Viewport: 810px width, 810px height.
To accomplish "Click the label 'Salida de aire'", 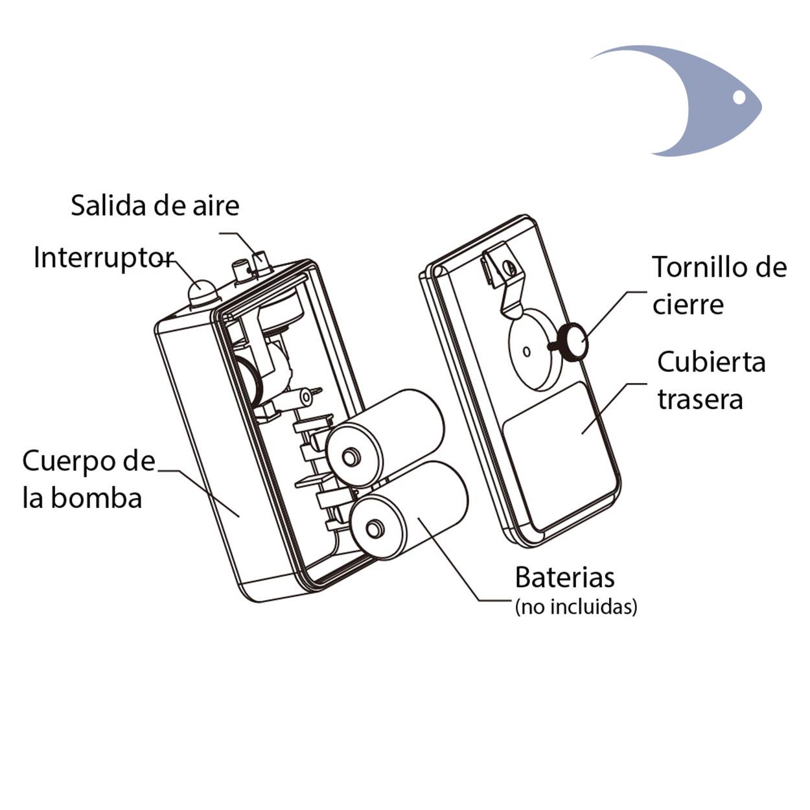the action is [x=155, y=205].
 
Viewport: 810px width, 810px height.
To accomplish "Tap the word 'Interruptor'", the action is [x=104, y=257].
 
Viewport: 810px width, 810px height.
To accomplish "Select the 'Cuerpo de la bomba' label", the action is [x=89, y=479].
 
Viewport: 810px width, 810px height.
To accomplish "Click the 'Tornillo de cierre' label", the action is [x=719, y=285].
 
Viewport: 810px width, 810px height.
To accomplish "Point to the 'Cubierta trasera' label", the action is [x=712, y=380].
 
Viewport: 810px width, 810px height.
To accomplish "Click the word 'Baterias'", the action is [x=564, y=577].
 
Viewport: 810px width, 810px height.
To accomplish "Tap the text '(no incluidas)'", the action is [x=576, y=607].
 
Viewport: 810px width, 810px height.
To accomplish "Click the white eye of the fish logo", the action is [x=739, y=97].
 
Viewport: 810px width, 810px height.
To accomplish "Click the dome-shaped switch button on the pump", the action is [x=202, y=292].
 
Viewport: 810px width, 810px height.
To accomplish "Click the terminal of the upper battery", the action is [x=350, y=457].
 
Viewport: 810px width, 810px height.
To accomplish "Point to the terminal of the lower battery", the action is [x=374, y=528].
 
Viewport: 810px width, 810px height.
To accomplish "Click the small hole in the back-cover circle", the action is [x=526, y=351].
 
